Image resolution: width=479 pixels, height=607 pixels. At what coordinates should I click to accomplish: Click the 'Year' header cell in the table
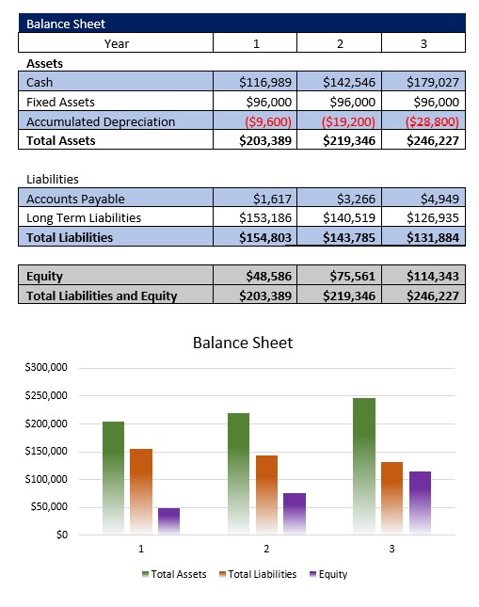click(117, 43)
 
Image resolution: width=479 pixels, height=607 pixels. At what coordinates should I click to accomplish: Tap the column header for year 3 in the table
click(423, 43)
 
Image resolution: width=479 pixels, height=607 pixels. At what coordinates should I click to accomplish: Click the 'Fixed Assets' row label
click(60, 102)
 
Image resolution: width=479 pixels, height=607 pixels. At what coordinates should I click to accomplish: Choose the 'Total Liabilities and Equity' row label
click(102, 296)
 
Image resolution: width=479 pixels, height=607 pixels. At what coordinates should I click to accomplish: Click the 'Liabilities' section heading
click(52, 179)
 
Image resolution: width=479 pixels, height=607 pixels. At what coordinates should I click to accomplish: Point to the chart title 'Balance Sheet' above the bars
click(242, 343)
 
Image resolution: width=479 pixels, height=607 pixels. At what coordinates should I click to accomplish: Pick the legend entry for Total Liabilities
click(257, 574)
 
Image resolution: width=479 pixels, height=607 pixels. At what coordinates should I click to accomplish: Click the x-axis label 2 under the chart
click(265, 548)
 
